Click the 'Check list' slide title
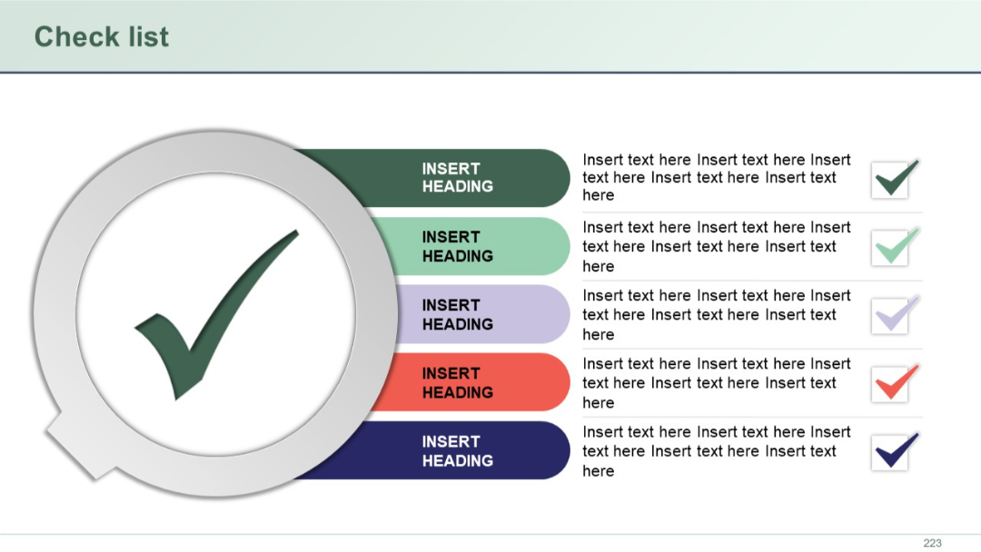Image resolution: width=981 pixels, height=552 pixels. (x=101, y=36)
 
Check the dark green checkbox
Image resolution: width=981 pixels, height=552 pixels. (x=890, y=180)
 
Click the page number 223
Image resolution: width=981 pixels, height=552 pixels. (x=932, y=543)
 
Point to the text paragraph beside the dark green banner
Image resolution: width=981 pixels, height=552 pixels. (x=716, y=178)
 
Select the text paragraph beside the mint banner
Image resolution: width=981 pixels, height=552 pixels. (x=716, y=246)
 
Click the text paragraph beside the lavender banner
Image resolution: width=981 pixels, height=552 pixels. (x=716, y=314)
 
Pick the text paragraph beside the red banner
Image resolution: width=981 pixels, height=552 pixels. (x=716, y=382)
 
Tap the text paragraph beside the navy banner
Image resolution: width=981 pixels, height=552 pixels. (x=716, y=450)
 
